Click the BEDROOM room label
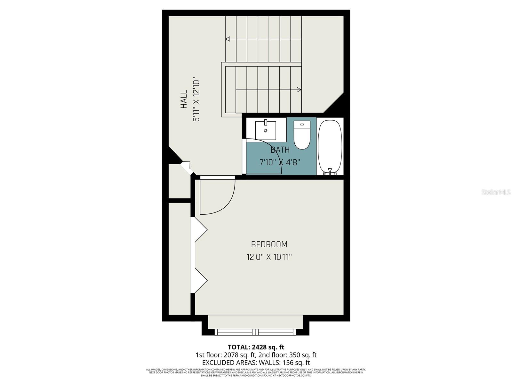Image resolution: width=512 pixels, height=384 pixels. coord(269,244)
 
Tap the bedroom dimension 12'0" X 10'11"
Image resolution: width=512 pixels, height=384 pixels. coord(269,257)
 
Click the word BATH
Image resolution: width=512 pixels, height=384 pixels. coord(280,150)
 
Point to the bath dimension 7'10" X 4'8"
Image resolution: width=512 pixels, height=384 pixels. coord(280,162)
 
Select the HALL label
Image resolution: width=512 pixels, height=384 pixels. coord(184,99)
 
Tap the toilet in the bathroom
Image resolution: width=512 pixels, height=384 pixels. coord(302,135)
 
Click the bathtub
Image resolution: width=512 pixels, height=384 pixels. coord(330,147)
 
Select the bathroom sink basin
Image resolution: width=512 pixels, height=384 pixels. coord(266,130)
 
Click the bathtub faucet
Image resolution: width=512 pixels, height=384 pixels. coord(330,172)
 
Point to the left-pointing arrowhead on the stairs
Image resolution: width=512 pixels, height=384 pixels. coord(228,39)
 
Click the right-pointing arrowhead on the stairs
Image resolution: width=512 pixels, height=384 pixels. coord(299,90)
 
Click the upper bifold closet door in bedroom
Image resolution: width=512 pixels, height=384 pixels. coord(201,230)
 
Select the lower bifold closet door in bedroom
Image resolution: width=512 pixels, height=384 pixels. coord(201,280)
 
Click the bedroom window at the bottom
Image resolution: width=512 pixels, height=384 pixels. coord(255,332)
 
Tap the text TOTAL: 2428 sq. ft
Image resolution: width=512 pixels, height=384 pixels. coord(256,347)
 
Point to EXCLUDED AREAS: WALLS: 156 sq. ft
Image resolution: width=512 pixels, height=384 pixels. coord(256,363)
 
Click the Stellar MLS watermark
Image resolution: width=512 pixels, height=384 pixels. coord(496,192)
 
